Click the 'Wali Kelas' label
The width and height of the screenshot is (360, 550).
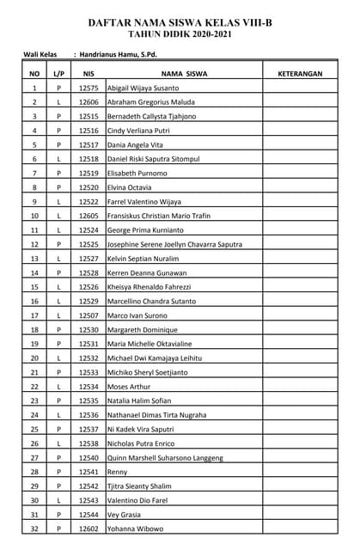click(40, 55)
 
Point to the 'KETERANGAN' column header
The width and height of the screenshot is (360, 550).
click(300, 74)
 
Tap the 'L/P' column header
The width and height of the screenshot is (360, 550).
click(58, 74)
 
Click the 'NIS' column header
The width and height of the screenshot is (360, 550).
click(88, 74)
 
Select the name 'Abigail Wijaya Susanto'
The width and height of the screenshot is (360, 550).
click(143, 89)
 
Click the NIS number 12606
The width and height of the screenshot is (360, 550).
click(88, 102)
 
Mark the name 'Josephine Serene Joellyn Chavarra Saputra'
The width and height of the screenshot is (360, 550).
click(174, 244)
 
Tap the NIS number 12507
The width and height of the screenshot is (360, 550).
click(88, 315)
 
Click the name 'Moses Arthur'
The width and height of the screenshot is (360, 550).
click(128, 387)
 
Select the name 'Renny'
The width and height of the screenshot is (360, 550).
click(117, 472)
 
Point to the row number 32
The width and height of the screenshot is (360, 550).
click(34, 529)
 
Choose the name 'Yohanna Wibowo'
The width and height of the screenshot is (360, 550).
click(135, 529)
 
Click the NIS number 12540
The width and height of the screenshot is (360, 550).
click(88, 458)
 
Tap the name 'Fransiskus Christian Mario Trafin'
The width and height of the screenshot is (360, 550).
click(158, 216)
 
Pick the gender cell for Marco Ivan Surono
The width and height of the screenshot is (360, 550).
click(58, 315)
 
